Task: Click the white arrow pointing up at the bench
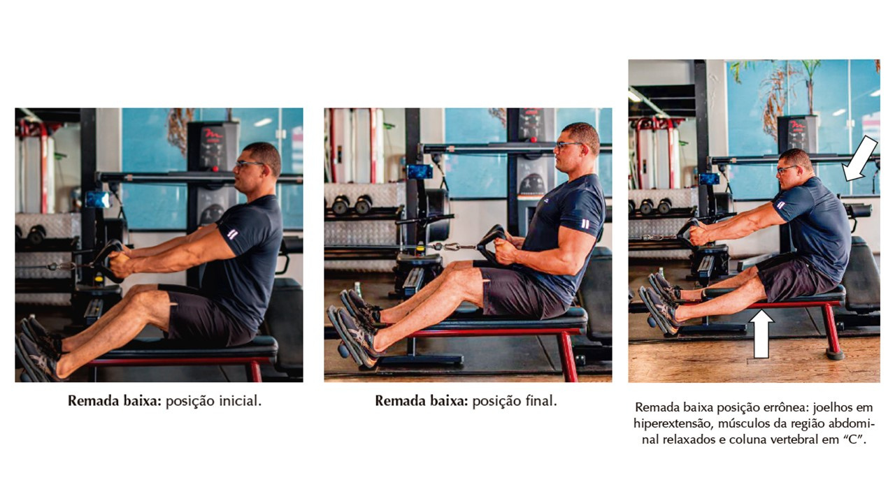click(761, 335)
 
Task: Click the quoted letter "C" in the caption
click(854, 439)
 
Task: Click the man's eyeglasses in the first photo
click(248, 163)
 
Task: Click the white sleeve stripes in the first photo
click(232, 233)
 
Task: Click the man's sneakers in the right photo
click(662, 304)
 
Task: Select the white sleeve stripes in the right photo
click(780, 205)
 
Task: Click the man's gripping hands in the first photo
click(119, 263)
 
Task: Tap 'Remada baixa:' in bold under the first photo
click(114, 401)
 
